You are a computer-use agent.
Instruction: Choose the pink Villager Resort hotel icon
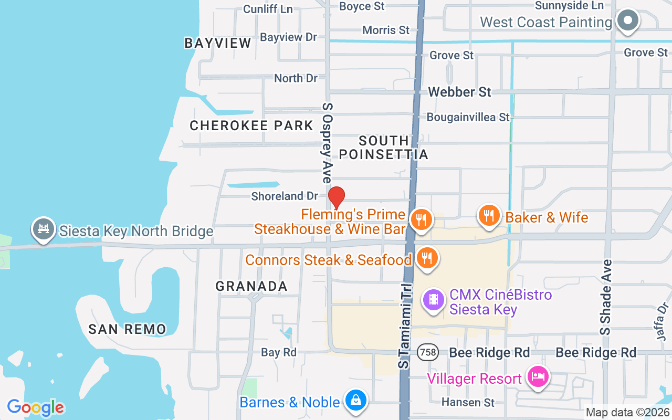(x=538, y=377)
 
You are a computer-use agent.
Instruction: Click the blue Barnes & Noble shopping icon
(x=356, y=401)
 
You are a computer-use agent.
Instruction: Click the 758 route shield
(x=428, y=352)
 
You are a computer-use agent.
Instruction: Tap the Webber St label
(x=459, y=92)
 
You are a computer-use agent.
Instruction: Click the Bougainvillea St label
(x=468, y=117)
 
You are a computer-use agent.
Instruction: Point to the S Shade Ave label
(x=607, y=297)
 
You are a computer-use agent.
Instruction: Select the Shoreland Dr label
(x=285, y=196)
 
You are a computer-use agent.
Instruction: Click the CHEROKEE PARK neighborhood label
(x=251, y=125)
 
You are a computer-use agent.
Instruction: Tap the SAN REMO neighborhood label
(x=127, y=329)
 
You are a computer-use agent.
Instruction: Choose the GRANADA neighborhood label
(x=251, y=286)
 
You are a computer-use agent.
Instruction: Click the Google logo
(x=36, y=407)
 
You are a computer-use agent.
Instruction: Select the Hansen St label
(x=468, y=402)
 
